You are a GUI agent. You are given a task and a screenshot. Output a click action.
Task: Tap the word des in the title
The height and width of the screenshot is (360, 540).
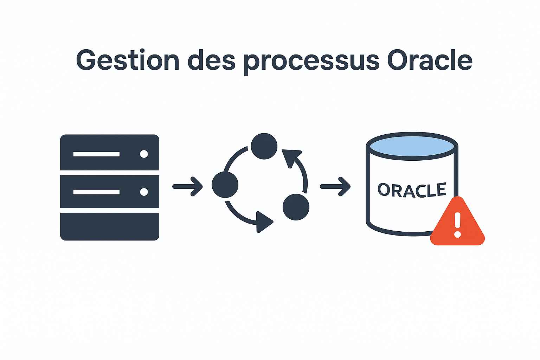pos(211,60)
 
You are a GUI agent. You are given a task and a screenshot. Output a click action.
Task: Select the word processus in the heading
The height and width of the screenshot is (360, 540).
pos(311,63)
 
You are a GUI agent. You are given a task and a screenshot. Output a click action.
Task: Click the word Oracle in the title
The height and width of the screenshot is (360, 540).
pos(430,60)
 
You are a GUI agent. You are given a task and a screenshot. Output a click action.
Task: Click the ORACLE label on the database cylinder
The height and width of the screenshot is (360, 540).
pos(412,190)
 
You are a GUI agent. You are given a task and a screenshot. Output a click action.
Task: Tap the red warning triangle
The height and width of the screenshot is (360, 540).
pos(457,221)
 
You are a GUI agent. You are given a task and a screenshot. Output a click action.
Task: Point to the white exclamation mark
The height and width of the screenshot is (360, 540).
pos(457,225)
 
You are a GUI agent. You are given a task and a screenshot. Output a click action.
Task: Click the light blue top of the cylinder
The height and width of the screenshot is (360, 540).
pos(412,146)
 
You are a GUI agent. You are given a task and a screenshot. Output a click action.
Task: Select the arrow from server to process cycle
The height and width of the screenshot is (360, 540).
pos(187,186)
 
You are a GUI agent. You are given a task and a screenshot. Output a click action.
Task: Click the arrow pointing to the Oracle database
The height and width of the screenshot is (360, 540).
pos(335,186)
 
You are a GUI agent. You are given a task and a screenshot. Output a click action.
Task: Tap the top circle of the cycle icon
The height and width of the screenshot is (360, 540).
pos(264,146)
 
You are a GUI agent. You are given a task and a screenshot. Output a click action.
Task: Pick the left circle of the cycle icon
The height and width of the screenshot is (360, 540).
pos(225,185)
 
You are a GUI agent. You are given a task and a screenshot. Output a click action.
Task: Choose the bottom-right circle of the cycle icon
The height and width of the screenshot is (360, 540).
pos(296,207)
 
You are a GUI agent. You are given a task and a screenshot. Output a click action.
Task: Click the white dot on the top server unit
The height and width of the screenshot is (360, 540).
pos(144,154)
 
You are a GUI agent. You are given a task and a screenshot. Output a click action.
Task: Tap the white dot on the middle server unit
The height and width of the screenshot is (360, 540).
pos(144,192)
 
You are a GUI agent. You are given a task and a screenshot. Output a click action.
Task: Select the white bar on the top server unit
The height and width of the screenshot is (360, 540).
pos(96,154)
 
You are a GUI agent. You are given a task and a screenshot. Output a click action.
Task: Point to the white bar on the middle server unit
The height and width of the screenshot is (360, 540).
pos(96,192)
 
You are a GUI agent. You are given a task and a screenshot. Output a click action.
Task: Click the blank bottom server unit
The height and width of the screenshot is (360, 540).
pos(110,226)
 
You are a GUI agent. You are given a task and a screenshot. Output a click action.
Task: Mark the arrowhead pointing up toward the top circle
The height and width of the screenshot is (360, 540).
pos(291,158)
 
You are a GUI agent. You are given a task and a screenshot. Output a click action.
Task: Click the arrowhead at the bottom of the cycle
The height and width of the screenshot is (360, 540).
pos(264,222)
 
